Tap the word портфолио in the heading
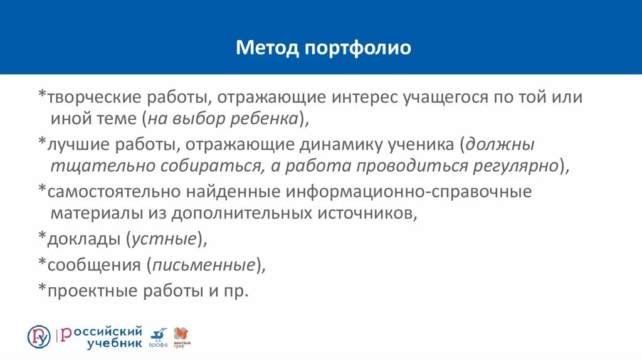pyautogui.click(x=358, y=48)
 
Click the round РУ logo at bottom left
pyautogui.click(x=39, y=337)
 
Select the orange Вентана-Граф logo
pyautogui.click(x=181, y=337)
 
